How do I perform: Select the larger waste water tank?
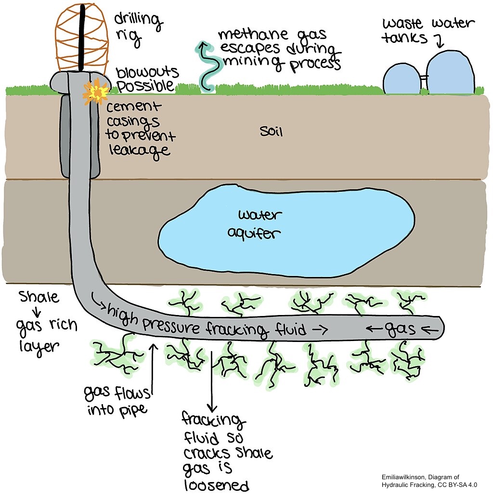(x=450, y=73)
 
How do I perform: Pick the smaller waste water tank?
(x=402, y=79)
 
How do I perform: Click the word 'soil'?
(x=272, y=131)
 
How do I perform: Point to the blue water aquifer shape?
(x=286, y=231)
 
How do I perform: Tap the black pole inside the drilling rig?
(x=82, y=38)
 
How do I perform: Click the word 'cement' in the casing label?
(x=133, y=107)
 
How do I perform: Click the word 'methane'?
(x=254, y=34)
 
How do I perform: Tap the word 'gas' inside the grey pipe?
(x=400, y=329)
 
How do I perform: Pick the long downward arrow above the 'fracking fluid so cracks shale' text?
(x=212, y=381)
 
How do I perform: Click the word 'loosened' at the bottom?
(x=217, y=485)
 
